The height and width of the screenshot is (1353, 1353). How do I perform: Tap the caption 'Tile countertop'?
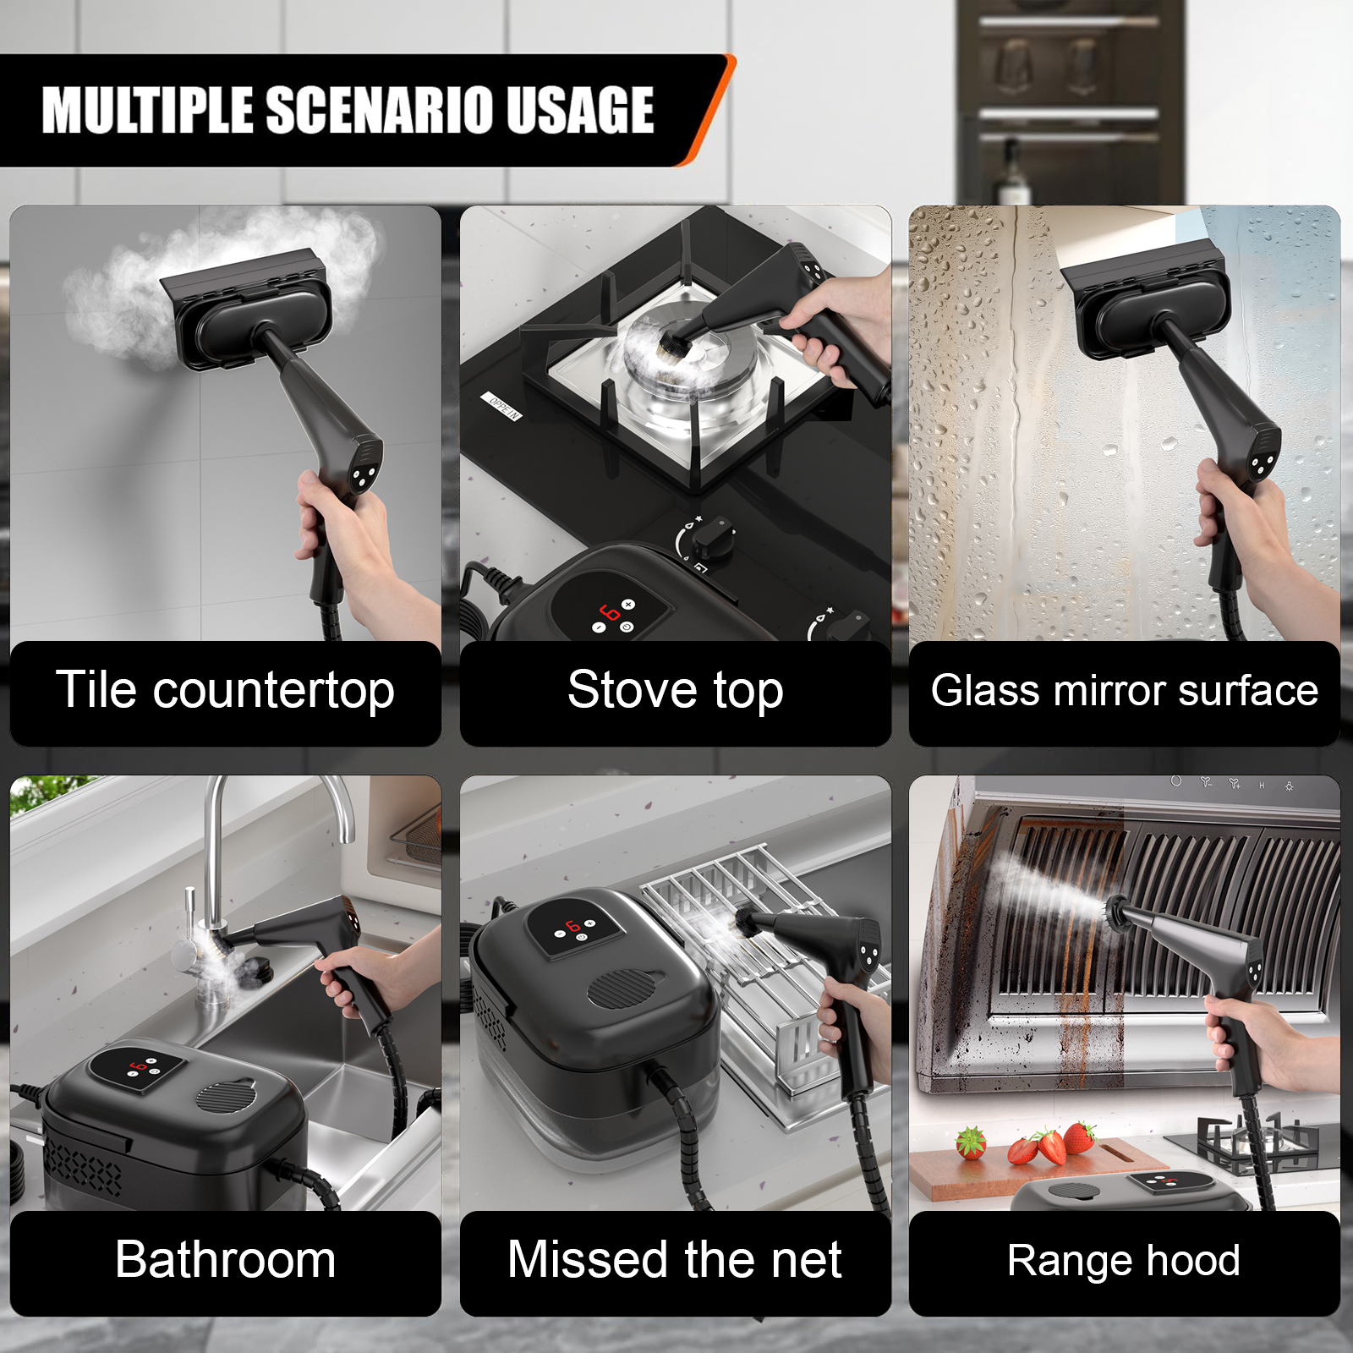tap(225, 691)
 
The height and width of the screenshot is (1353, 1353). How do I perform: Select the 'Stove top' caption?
tap(676, 691)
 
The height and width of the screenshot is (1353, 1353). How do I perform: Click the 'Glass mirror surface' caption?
tap(1125, 691)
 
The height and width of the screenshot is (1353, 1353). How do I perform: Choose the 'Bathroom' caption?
tap(225, 1260)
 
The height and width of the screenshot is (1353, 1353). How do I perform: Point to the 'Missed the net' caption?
tap(675, 1260)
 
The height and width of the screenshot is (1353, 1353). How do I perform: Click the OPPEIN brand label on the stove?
tap(502, 407)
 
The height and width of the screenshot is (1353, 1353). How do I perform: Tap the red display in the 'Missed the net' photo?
tap(573, 926)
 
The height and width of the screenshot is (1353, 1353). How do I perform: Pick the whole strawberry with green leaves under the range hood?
tap(971, 1143)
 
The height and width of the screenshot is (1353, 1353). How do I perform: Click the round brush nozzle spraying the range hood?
tap(1115, 911)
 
